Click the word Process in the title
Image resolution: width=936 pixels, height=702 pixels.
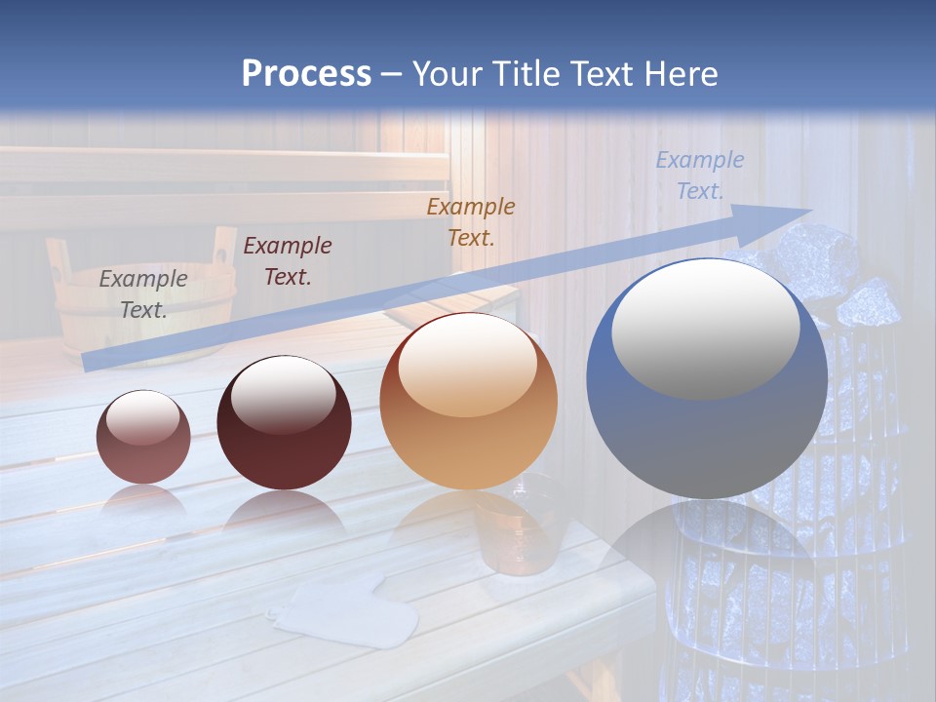[306, 73]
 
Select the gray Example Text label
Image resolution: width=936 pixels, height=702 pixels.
[143, 293]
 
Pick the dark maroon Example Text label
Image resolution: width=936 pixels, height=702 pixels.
[287, 260]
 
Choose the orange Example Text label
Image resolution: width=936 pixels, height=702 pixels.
[471, 221]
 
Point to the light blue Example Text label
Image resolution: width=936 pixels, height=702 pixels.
[699, 175]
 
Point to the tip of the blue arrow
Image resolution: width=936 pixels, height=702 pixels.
[809, 211]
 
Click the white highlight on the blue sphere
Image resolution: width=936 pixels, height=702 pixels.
[705, 327]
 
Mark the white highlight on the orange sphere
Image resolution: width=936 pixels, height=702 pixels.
[468, 364]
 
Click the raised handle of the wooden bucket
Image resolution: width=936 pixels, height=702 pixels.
[224, 250]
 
